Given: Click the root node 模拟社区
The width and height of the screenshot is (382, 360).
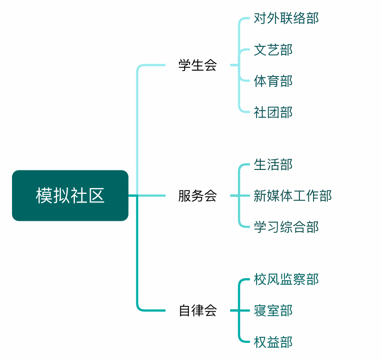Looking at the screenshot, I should pos(70,196).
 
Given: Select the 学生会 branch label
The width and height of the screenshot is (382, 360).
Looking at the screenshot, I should pos(197,65).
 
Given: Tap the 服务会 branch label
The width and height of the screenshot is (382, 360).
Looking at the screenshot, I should pos(197,196).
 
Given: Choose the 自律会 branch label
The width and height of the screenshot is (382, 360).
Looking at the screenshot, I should pos(197,310).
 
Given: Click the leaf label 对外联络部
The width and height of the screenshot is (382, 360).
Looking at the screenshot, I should pos(286,18).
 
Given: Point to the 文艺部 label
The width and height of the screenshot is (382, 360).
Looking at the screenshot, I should pos(273,50).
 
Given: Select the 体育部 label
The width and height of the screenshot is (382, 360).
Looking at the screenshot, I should pos(273,81).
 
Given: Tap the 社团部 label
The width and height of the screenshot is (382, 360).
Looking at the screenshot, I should pos(273,112).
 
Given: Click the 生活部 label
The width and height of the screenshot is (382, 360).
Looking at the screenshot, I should pos(273,164).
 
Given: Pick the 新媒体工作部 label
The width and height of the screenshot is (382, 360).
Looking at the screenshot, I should pos(292,196).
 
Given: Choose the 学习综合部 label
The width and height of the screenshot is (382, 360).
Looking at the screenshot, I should pos(286,227).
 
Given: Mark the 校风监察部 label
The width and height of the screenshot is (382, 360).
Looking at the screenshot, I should pos(286,279).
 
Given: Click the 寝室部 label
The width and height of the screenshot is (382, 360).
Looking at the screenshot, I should pos(273,310).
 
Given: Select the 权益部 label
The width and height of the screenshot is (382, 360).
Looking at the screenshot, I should pos(273,342).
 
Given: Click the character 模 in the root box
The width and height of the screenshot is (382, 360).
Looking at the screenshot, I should pos(44,196).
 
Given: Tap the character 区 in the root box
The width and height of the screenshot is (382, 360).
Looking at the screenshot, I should pos(97,196).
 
